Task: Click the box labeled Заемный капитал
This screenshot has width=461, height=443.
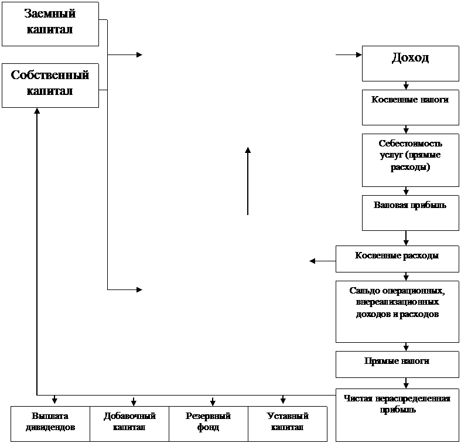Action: tap(50, 24)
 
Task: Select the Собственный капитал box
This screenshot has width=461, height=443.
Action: tap(50, 86)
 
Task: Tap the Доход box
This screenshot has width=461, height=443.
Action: tap(411, 63)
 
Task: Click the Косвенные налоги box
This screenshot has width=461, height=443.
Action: tap(411, 108)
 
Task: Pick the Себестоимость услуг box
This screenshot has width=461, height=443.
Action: tap(411, 161)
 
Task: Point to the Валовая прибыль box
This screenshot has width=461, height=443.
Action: tap(411, 213)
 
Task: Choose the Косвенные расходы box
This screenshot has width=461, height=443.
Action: tap(398, 259)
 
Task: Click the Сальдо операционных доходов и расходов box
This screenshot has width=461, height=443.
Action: tap(398, 312)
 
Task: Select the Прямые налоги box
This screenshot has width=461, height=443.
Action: tap(398, 364)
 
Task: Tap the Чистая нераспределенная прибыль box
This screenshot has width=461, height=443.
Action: tap(398, 415)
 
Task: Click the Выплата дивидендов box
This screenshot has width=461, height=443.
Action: tap(50, 424)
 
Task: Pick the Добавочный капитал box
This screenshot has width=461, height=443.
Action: tap(129, 424)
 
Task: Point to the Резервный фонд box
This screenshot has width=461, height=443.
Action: tap(209, 424)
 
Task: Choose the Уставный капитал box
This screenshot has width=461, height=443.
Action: tap(288, 424)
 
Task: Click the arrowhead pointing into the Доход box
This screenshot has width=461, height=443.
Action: tap(359, 54)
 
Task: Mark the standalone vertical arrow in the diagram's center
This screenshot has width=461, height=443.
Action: tap(248, 181)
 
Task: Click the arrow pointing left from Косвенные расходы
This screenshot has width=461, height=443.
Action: tap(323, 261)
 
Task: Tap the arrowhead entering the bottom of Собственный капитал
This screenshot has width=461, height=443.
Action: tap(37, 111)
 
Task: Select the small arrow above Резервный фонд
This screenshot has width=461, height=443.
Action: tap(213, 401)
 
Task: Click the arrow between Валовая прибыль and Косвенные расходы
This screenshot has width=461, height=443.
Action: tap(406, 238)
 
